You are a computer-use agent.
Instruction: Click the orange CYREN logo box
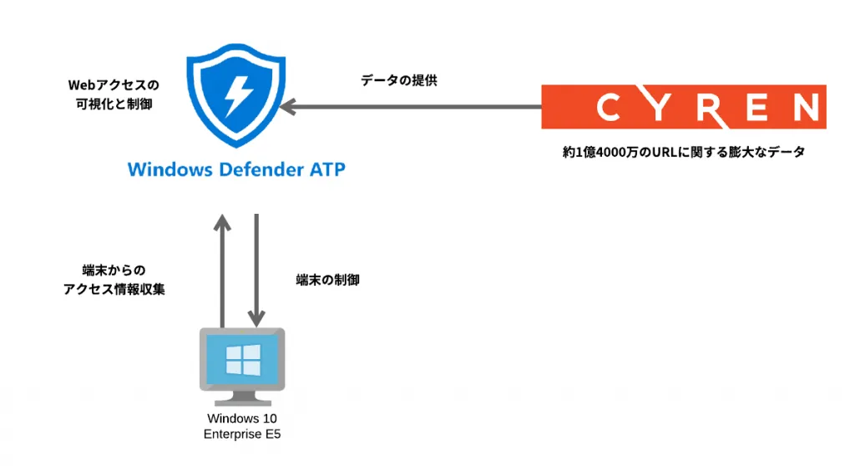tap(684, 107)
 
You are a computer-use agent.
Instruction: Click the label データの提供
tap(398, 81)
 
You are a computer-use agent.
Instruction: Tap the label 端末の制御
tap(327, 281)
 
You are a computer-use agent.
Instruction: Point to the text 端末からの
tap(113, 270)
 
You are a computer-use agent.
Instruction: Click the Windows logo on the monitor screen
tap(242, 360)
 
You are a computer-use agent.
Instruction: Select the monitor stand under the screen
tap(242, 398)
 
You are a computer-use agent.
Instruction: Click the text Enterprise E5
tap(242, 434)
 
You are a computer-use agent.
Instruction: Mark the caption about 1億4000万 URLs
tap(683, 153)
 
